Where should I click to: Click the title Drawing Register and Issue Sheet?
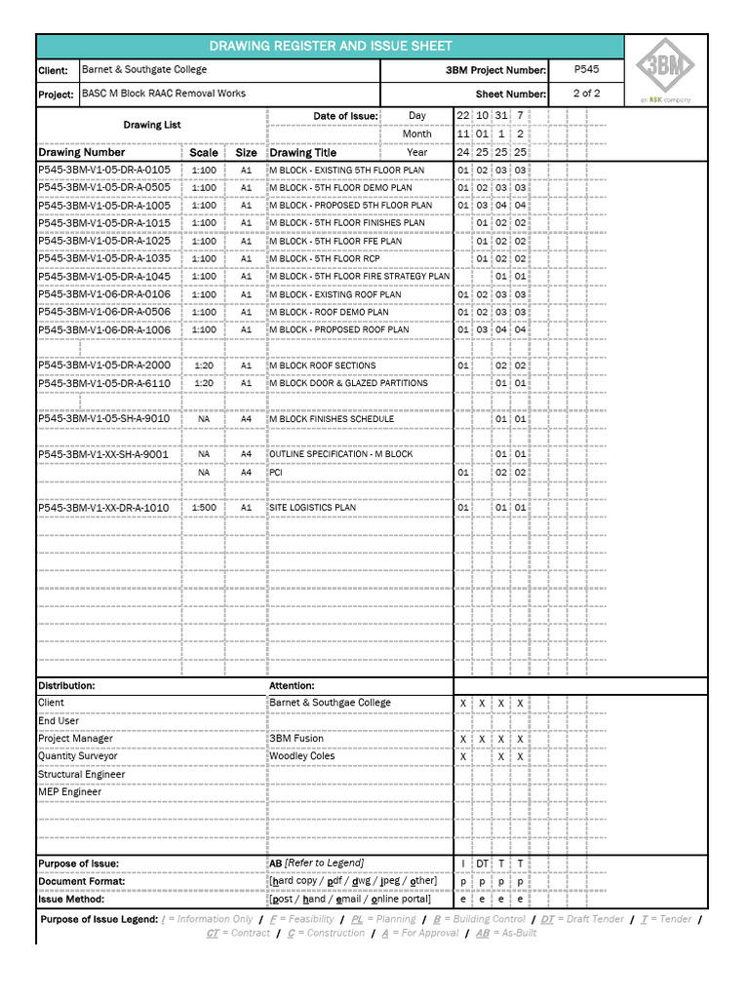coord(331,46)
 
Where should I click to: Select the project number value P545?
coord(586,70)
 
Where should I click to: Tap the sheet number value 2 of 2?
coord(586,94)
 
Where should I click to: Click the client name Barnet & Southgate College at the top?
coord(144,70)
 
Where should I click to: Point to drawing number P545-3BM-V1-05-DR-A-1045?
coord(104,276)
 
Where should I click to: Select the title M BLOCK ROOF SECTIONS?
coord(322,365)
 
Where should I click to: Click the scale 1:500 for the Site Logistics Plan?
coord(204,508)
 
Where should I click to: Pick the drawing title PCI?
coord(276,473)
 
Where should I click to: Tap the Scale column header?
coord(204,153)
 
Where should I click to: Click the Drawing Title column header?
coord(302,153)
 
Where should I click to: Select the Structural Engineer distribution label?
coord(82,775)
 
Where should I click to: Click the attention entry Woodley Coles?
coord(301,756)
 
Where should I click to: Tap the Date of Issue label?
coord(345,116)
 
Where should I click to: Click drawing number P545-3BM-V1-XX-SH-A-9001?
coord(103,454)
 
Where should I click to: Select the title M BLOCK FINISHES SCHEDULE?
coord(332,419)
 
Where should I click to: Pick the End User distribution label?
coord(59,721)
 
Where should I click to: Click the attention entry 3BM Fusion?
coord(296,739)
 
